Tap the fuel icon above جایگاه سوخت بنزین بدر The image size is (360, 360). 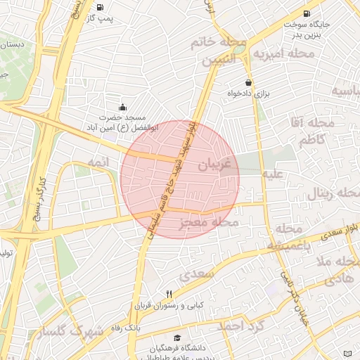pyautogui.click(x=307, y=13)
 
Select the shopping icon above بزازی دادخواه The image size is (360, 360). pyautogui.click(x=248, y=82)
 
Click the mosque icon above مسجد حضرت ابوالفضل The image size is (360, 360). pyautogui.click(x=122, y=108)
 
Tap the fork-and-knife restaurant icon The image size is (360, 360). pyautogui.click(x=169, y=294)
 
